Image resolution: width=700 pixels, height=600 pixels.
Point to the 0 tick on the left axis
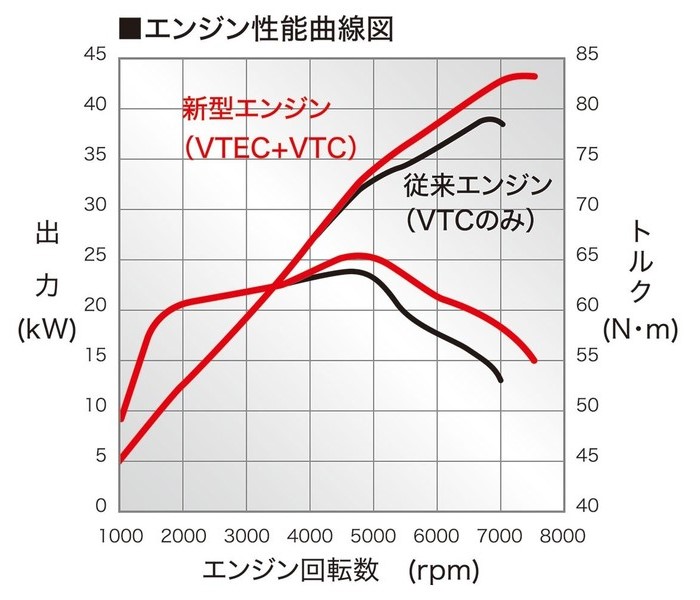click(x=99, y=507)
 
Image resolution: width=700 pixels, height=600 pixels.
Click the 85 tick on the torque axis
click(x=587, y=56)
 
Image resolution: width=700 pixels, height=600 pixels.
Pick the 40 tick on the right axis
click(x=587, y=507)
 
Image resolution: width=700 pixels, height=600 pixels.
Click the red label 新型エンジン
click(x=255, y=108)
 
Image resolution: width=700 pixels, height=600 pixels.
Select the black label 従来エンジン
click(x=477, y=185)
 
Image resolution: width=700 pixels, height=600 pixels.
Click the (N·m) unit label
click(x=640, y=327)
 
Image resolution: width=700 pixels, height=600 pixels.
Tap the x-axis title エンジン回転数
click(x=291, y=571)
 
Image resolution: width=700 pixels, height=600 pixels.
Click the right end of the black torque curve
click(x=500, y=379)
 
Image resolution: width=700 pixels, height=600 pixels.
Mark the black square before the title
click(x=128, y=28)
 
